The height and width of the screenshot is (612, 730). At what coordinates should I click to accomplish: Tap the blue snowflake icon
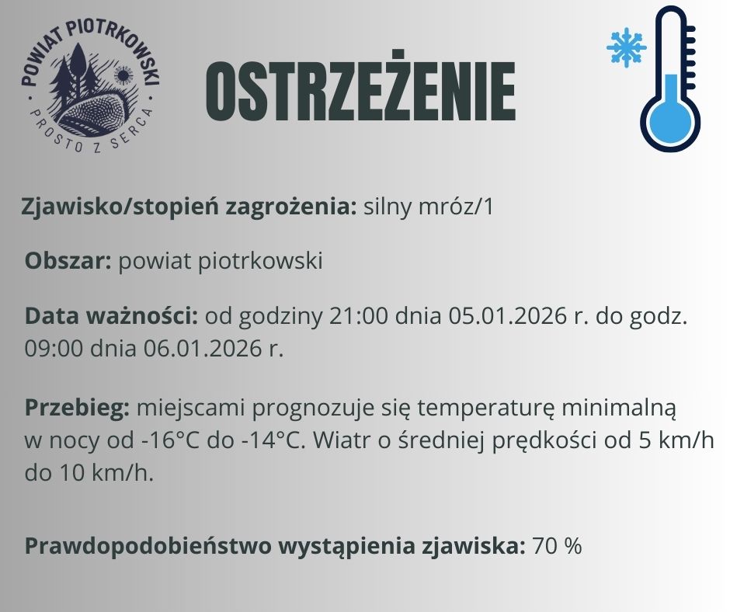coord(626,48)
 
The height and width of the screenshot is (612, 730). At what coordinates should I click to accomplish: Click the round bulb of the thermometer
coord(669,123)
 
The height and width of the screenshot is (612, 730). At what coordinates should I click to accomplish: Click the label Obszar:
coord(68,261)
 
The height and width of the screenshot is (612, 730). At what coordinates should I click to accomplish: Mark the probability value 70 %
coord(557,546)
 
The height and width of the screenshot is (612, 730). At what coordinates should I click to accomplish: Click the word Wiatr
coord(339,441)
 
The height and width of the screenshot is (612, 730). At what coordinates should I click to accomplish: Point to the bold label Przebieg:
coord(78,408)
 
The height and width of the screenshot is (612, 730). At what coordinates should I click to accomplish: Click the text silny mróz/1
coord(429,207)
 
